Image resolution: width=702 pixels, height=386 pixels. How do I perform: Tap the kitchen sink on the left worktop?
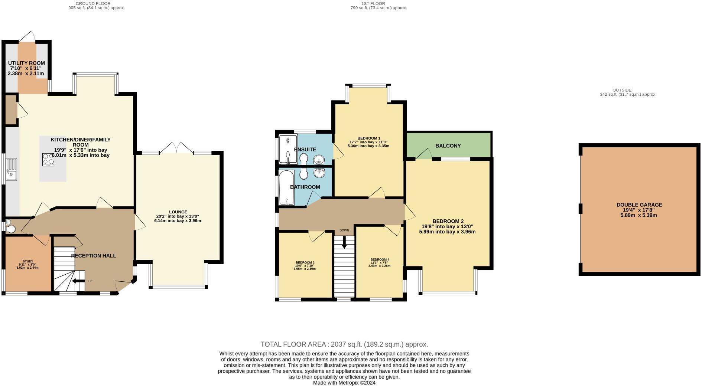coord(12,169)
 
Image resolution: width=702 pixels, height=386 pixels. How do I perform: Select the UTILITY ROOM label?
coord(26,63)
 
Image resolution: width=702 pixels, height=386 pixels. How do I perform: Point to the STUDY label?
coord(28,261)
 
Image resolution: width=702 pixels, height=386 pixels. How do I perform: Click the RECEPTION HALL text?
coord(94,256)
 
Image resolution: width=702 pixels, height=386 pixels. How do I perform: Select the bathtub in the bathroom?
coord(286,187)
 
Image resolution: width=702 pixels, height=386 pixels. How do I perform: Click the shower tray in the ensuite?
coord(288,149)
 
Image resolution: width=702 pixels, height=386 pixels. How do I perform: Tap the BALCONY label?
coord(448,146)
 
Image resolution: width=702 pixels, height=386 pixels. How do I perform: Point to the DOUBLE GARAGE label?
coord(639,205)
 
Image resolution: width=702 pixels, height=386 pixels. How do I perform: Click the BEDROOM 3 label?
coord(305,262)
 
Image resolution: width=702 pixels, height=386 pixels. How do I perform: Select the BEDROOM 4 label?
coord(380,259)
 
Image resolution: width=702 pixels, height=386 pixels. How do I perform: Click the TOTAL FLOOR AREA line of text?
coord(344,344)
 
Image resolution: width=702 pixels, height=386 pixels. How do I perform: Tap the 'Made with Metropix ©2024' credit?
coord(344,383)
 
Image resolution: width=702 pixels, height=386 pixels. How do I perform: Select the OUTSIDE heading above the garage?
coord(622,90)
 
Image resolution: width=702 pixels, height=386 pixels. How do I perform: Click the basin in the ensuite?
coord(319,160)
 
